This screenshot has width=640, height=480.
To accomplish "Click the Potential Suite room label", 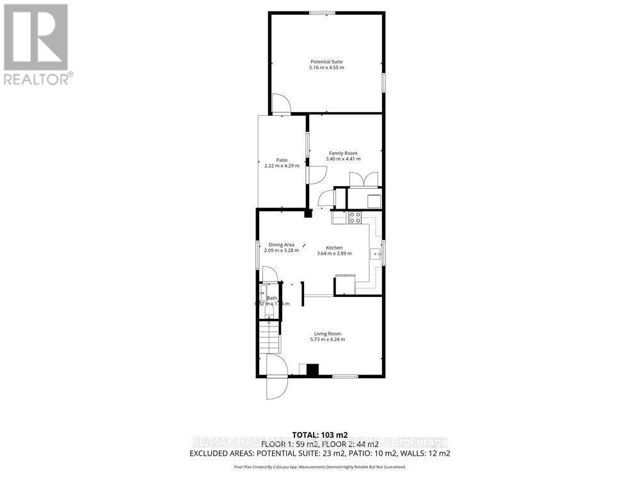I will click(326, 61).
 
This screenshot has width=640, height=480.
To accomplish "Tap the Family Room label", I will click(343, 153).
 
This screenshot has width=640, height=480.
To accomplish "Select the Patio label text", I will click(282, 160).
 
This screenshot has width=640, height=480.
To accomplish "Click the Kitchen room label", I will click(334, 248).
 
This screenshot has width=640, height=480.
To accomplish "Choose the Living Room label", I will click(327, 333).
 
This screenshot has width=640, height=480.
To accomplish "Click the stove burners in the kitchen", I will click(355, 218).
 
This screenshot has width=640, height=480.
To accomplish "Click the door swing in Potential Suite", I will click(281, 105).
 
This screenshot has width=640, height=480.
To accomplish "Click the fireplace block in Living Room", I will click(312, 369).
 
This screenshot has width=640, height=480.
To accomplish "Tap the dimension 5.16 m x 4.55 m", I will click(326, 67).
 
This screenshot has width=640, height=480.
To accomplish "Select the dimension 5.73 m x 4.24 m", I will click(327, 339).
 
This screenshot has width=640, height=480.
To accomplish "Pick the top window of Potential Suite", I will click(323, 12).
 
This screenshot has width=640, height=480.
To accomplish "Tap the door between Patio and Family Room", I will click(316, 173).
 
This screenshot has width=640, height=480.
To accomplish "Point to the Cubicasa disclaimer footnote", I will click(319, 467).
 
